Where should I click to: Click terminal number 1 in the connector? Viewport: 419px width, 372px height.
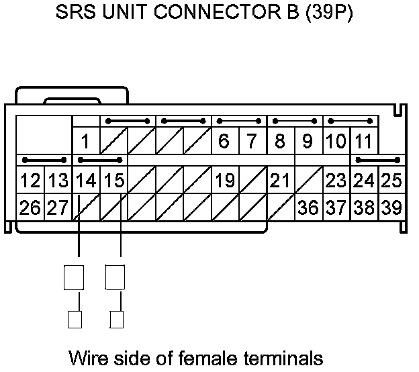pyautogui.click(x=86, y=142)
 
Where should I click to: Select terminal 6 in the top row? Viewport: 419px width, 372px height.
pyautogui.click(x=224, y=142)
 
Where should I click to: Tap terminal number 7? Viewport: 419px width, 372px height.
pyautogui.click(x=251, y=142)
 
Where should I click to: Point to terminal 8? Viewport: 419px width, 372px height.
pyautogui.click(x=279, y=142)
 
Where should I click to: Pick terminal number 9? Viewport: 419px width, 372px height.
pyautogui.click(x=307, y=142)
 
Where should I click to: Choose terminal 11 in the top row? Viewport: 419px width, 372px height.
pyautogui.click(x=363, y=142)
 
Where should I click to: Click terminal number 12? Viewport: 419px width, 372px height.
pyautogui.click(x=29, y=181)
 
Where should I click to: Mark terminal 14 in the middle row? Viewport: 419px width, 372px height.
pyautogui.click(x=85, y=181)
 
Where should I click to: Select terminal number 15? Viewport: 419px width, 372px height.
pyautogui.click(x=113, y=181)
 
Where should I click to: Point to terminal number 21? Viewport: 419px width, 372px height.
pyautogui.click(x=281, y=181)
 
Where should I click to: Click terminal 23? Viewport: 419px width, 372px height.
pyautogui.click(x=336, y=181)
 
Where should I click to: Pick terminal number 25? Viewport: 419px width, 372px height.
pyautogui.click(x=391, y=181)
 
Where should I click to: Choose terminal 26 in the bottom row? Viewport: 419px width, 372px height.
pyautogui.click(x=29, y=207)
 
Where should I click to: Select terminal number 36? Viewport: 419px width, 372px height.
pyautogui.click(x=308, y=207)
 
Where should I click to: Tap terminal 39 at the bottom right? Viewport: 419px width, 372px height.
pyautogui.click(x=391, y=207)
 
